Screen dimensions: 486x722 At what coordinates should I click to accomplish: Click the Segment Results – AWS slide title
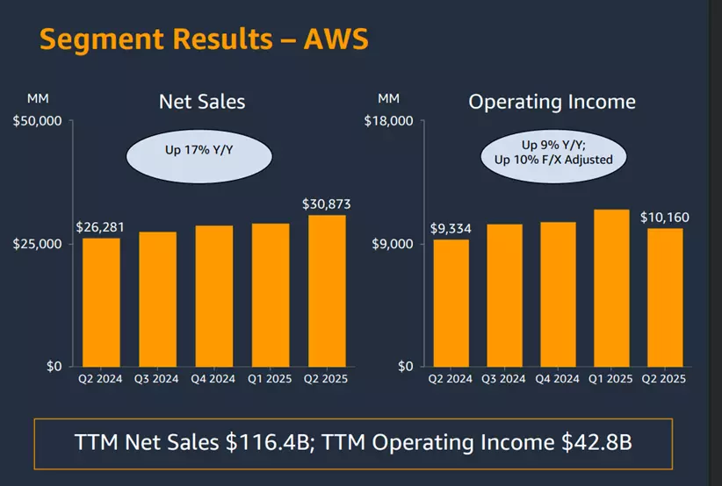point(204,39)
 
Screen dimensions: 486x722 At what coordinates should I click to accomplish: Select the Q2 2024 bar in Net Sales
point(101,302)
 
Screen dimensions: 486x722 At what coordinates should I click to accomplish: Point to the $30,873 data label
point(327,204)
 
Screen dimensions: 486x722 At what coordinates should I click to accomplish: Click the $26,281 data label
point(100,227)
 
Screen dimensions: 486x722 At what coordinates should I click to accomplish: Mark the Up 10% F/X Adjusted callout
point(553,160)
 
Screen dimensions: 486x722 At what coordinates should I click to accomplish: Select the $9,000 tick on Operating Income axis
point(392,243)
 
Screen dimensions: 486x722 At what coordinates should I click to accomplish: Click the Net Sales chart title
point(202,101)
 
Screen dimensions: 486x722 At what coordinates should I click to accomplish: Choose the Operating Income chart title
point(552,101)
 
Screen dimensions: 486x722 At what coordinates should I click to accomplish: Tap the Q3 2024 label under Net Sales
point(157,379)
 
